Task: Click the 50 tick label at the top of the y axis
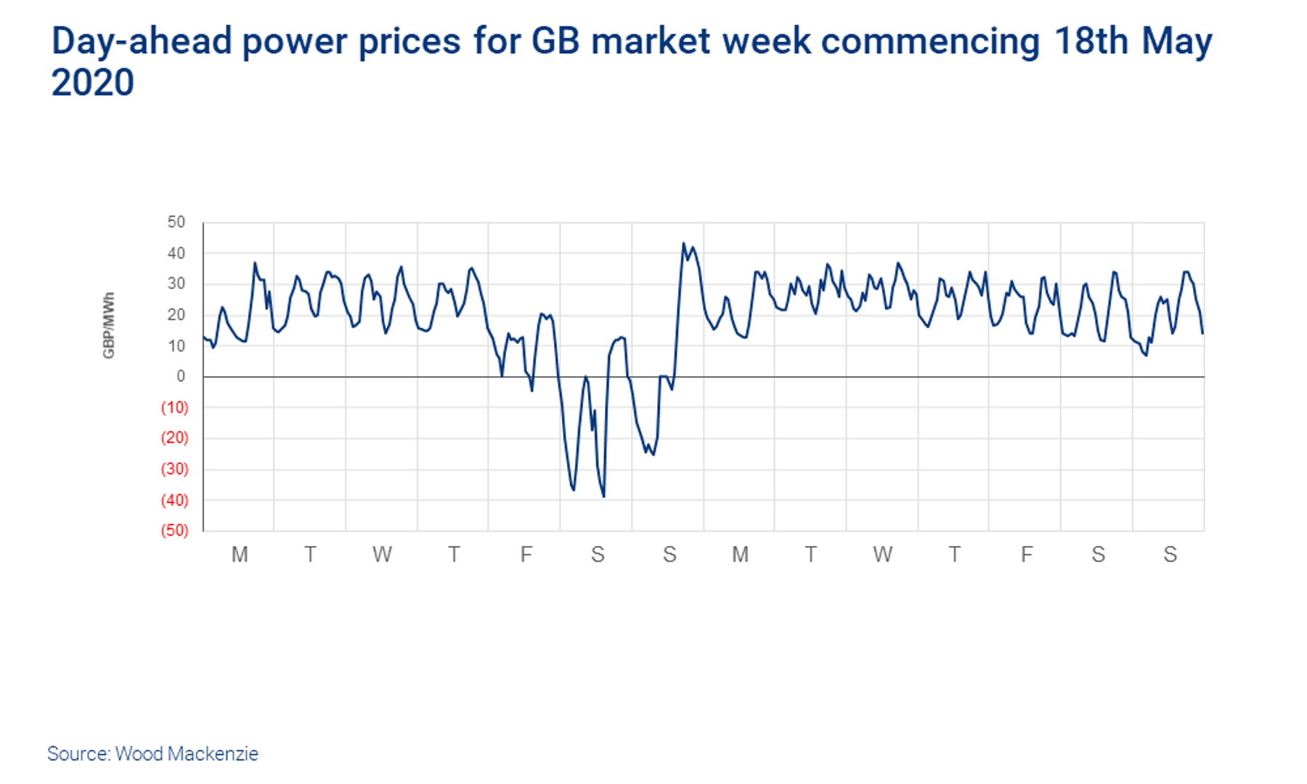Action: point(176,222)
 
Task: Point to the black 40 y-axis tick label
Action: point(176,253)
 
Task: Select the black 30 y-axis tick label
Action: point(176,284)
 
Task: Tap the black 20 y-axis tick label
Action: point(176,315)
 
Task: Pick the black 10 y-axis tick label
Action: point(176,346)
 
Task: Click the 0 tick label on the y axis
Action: point(181,376)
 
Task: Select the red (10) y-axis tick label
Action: point(174,407)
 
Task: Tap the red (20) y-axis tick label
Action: point(174,438)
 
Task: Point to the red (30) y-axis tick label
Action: point(174,469)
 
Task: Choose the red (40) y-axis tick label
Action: point(174,500)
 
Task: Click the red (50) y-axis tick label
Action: point(174,531)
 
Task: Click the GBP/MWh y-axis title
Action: point(109,325)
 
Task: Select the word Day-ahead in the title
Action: point(142,41)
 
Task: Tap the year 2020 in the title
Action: point(92,82)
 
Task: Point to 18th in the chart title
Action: point(1091,41)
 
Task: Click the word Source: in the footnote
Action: point(78,754)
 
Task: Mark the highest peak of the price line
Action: point(683,243)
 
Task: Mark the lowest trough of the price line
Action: point(603,497)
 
